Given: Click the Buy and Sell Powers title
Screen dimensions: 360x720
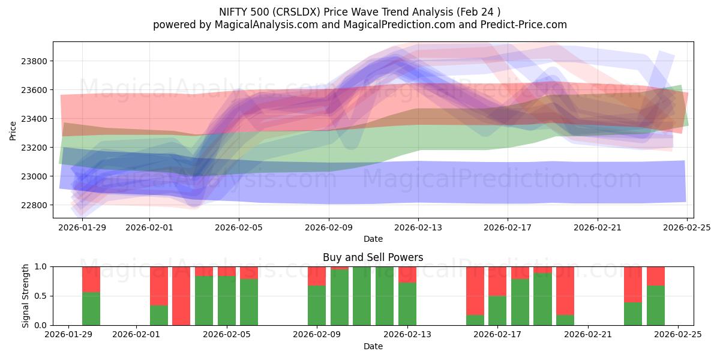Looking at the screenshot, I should [373, 257].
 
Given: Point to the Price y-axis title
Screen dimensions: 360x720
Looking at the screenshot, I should [13, 130].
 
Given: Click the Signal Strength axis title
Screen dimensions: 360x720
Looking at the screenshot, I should [25, 296].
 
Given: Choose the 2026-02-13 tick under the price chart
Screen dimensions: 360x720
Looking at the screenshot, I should [418, 227].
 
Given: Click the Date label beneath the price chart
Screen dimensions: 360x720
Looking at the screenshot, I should [373, 239].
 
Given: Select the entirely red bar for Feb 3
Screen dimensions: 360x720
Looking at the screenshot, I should [181, 296].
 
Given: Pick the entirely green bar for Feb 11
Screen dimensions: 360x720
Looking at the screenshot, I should [362, 296].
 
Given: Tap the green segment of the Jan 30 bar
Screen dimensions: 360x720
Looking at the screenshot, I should [91, 308].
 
